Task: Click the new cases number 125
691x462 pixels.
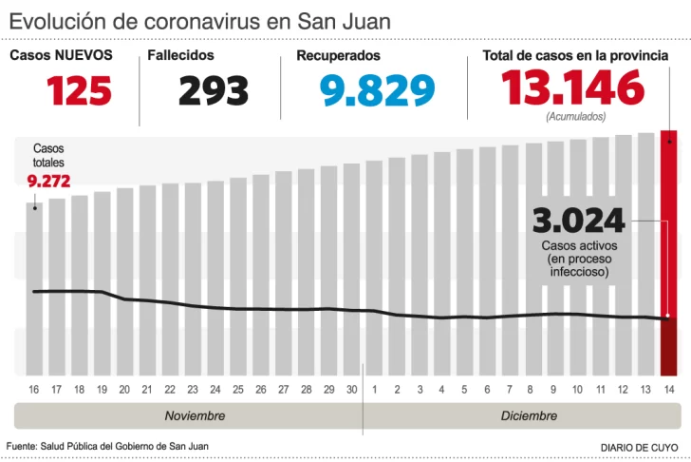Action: [x=80, y=90]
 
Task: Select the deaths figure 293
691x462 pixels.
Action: [x=214, y=90]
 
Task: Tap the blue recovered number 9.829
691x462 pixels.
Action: [x=377, y=90]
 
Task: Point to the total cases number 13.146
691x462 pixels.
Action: [x=573, y=88]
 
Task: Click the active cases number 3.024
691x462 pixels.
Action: [x=579, y=221]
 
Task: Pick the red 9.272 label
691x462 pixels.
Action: [x=48, y=181]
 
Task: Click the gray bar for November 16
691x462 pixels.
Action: [x=34, y=285]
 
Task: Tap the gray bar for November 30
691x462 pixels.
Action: [x=351, y=266]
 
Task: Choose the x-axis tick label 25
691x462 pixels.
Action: [x=237, y=390]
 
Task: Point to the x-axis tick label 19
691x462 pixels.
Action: [x=102, y=390]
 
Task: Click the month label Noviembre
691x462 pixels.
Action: [x=195, y=416]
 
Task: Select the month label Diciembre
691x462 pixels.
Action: [x=529, y=416]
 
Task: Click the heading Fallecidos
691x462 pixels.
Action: [x=180, y=56]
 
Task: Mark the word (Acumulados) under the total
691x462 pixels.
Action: [x=575, y=116]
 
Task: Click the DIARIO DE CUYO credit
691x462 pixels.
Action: [x=639, y=447]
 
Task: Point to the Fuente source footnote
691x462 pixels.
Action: [x=107, y=446]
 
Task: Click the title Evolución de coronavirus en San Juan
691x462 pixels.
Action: [x=199, y=20]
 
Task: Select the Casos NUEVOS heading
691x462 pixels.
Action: [x=61, y=56]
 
